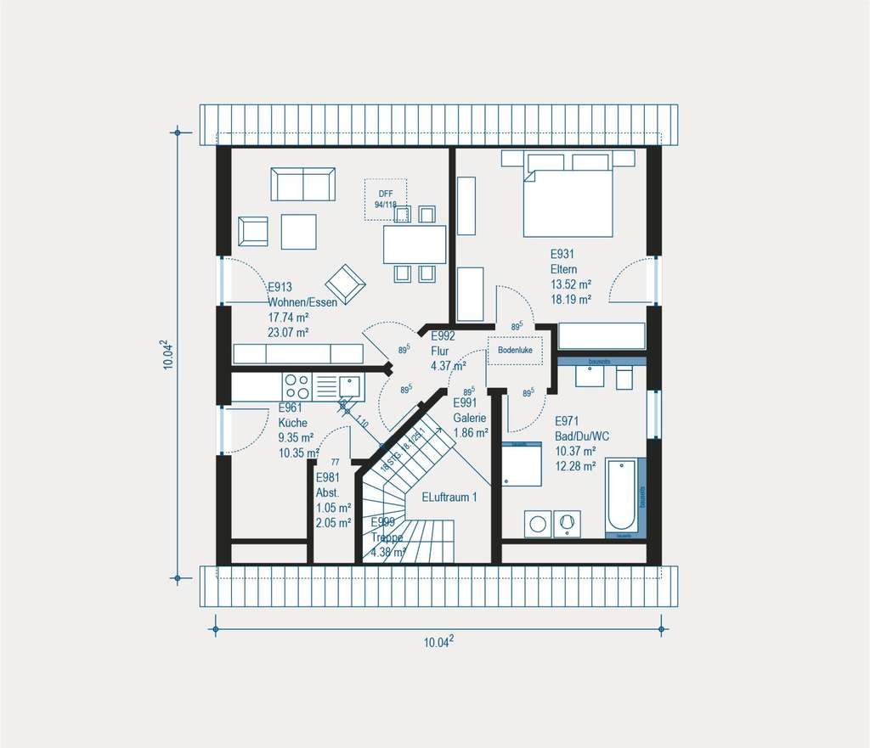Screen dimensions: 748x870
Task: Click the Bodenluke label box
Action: (x=515, y=350)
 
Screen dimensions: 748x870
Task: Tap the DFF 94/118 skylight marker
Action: (x=386, y=200)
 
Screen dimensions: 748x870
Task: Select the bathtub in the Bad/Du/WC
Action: (x=624, y=496)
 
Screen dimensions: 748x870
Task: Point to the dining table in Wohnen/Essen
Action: (x=415, y=245)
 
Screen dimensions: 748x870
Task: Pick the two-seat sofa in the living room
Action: (x=302, y=184)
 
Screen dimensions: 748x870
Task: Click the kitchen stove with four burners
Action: (x=297, y=387)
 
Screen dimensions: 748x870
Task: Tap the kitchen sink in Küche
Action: (x=347, y=386)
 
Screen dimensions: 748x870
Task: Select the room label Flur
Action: (x=440, y=351)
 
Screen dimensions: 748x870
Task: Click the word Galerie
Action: (x=469, y=418)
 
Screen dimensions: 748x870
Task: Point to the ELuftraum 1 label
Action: (x=449, y=498)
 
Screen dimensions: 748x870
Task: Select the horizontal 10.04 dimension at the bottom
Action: (x=438, y=643)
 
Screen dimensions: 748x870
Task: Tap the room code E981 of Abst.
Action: (x=329, y=478)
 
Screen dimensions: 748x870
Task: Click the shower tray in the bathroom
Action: (x=522, y=465)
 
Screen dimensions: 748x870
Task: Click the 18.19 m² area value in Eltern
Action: (x=571, y=299)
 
